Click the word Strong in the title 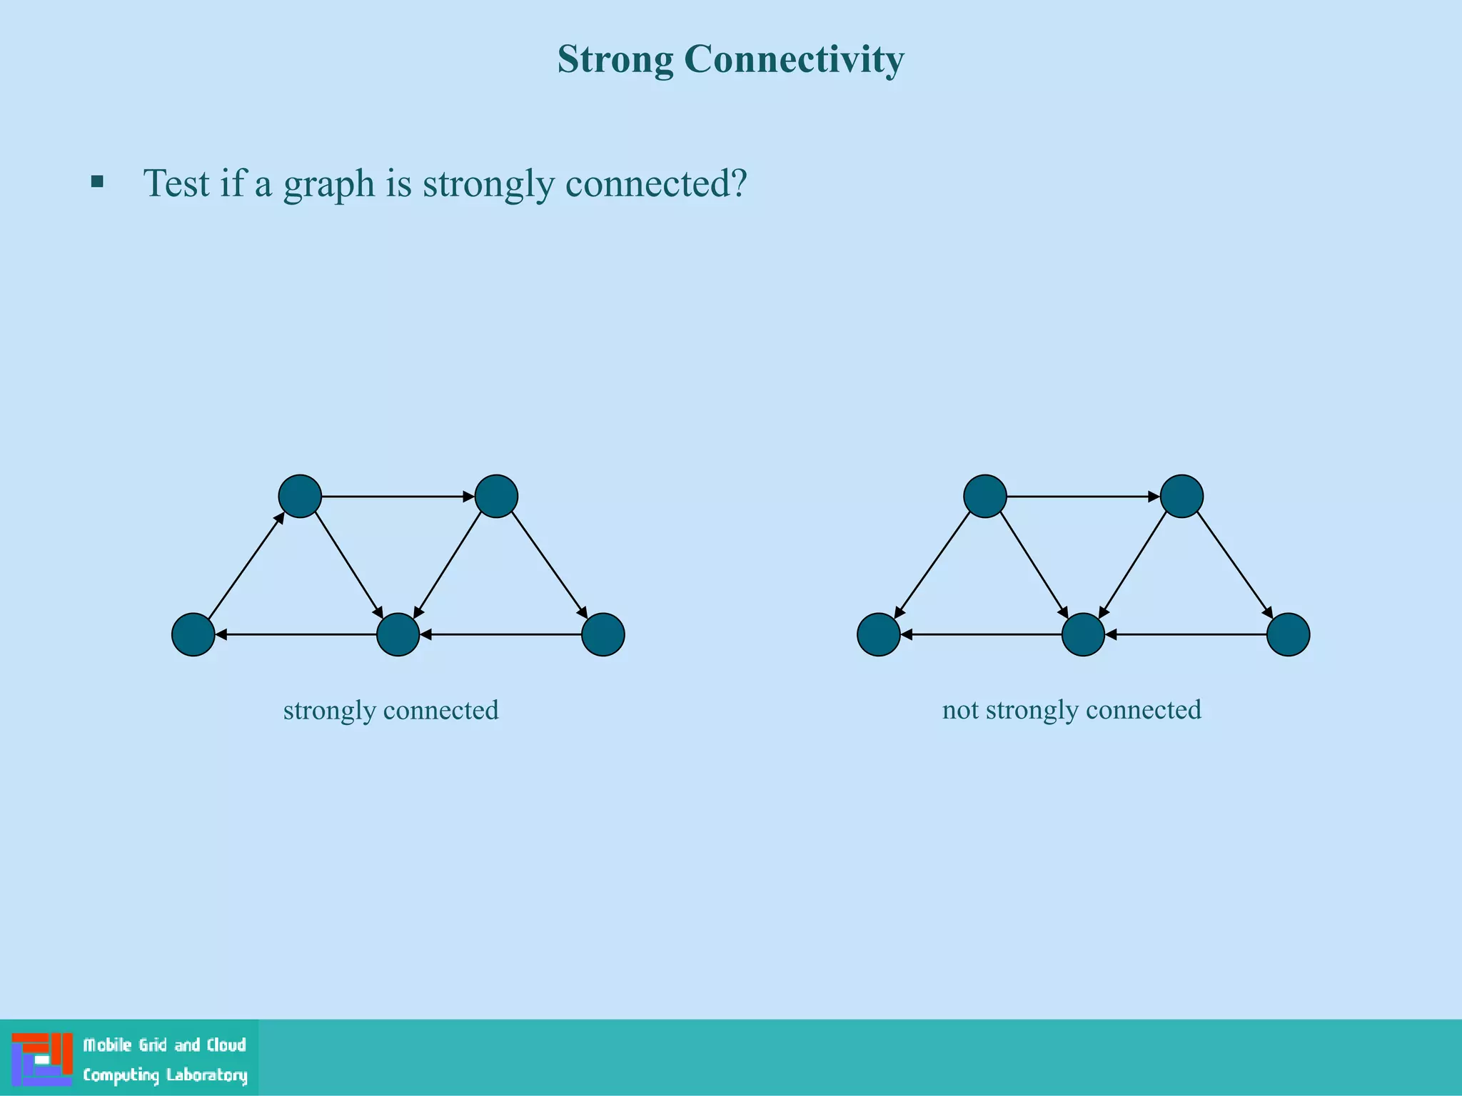click(x=615, y=60)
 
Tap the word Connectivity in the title click(x=794, y=60)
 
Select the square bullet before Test click(x=98, y=182)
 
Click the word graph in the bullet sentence click(x=329, y=184)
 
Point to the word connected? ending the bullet click(x=656, y=183)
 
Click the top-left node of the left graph click(x=300, y=496)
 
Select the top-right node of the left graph click(x=496, y=496)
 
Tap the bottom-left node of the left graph click(x=193, y=634)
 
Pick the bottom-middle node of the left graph click(x=398, y=634)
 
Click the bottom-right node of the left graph click(x=603, y=634)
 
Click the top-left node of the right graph click(x=985, y=496)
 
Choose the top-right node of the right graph click(x=1181, y=496)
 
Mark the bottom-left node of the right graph click(x=879, y=634)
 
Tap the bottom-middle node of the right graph click(x=1084, y=634)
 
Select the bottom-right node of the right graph click(x=1289, y=634)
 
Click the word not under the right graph click(x=960, y=710)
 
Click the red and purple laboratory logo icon click(x=42, y=1059)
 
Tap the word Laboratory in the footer click(x=207, y=1075)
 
